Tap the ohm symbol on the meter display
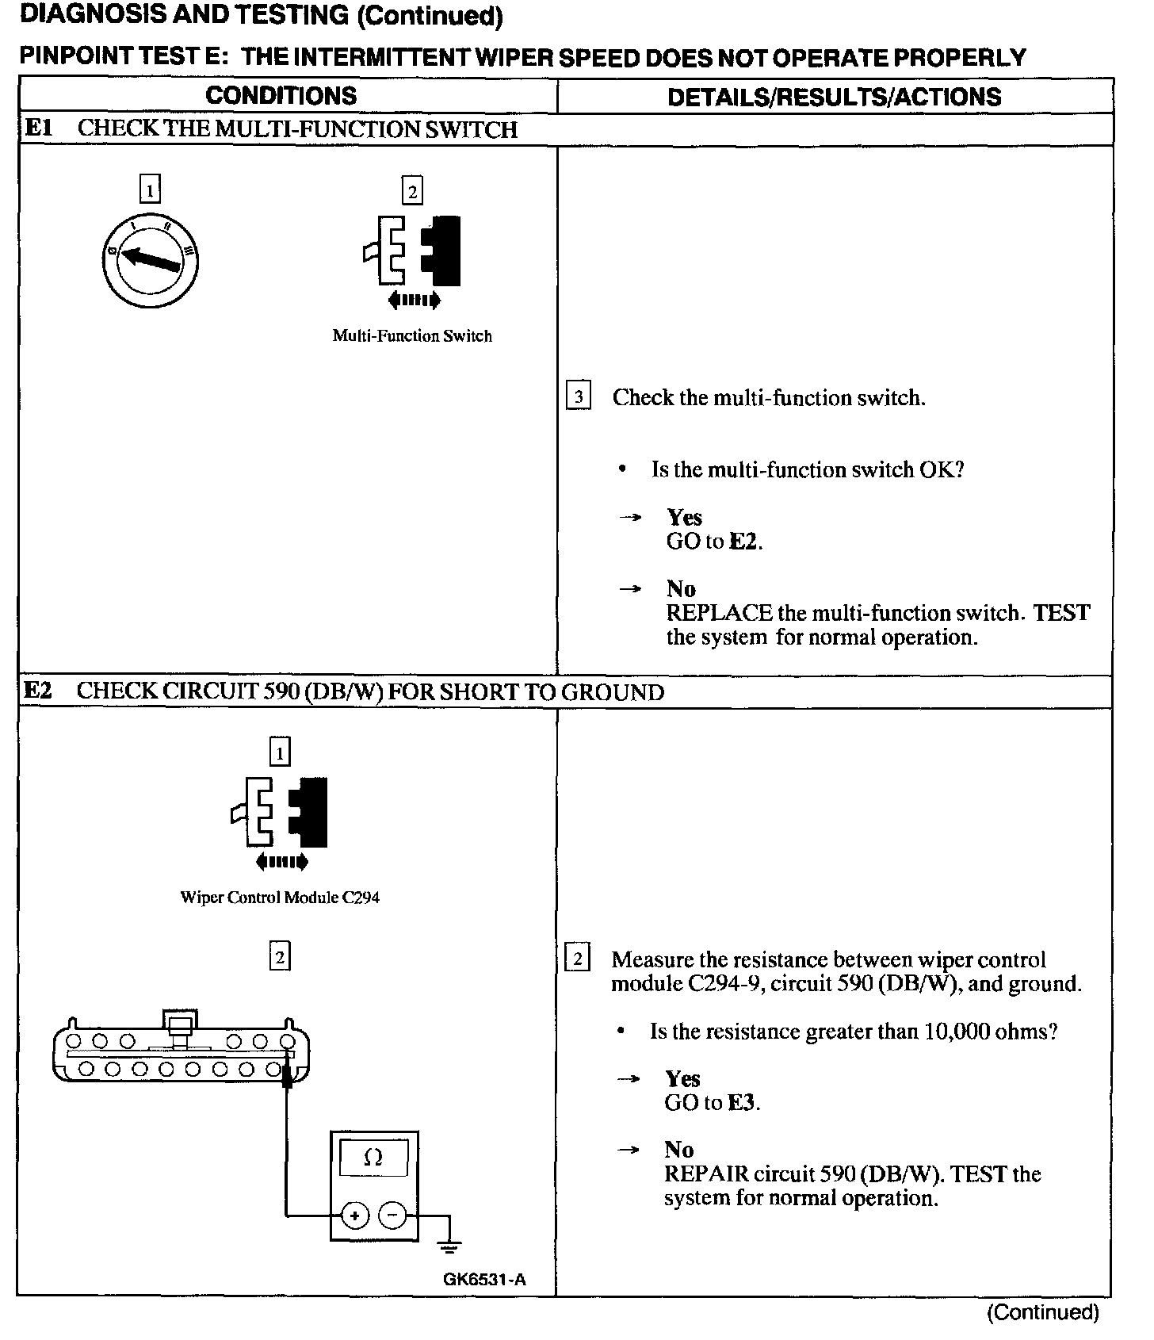373,1158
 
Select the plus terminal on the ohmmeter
354,1216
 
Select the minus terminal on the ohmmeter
392,1216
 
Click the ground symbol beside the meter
449,1247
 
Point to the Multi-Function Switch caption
412,336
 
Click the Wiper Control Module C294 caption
280,898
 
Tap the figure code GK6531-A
484,1279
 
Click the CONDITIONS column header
281,96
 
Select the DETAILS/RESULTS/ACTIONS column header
834,97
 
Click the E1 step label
38,128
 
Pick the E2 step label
38,691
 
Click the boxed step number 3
579,396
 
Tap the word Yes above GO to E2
684,518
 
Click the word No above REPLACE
681,589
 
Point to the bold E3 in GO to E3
742,1103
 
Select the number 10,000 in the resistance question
956,1032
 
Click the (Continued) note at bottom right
1042,1312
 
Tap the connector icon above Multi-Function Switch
412,251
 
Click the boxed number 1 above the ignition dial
149,190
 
